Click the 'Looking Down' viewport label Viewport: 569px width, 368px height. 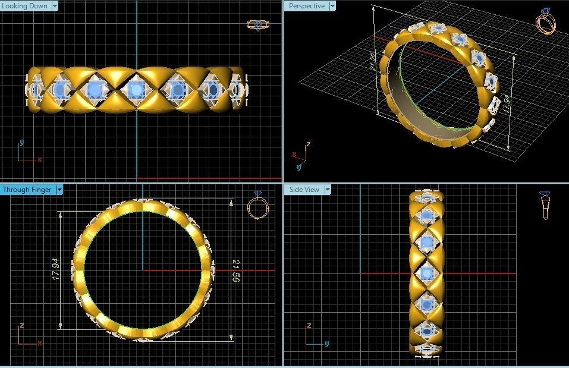tap(26, 6)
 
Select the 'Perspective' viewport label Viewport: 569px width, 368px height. tap(307, 6)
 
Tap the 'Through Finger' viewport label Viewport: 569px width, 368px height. tap(27, 190)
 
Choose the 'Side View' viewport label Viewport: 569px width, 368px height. tap(304, 190)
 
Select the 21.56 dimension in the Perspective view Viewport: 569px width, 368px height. tap(373, 61)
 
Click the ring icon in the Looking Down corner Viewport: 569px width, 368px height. tap(256, 25)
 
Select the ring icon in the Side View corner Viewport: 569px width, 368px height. tap(545, 205)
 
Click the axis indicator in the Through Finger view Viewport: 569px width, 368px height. tap(27, 335)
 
